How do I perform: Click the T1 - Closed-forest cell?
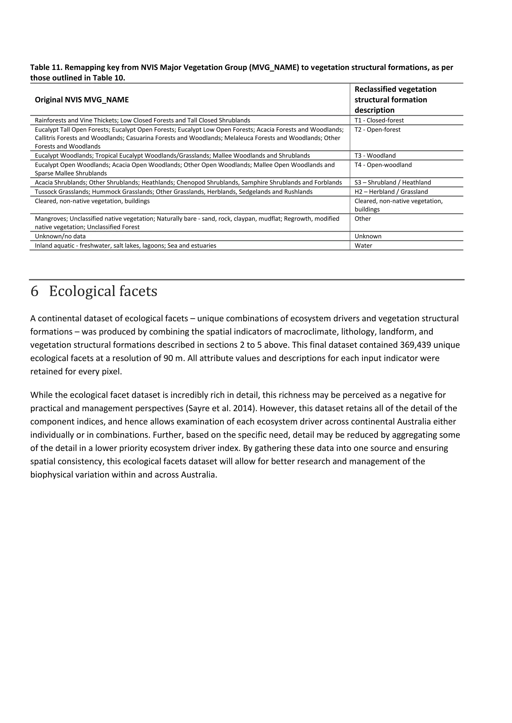point(379,120)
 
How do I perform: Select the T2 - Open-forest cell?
point(377,130)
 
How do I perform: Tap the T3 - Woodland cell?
point(375,156)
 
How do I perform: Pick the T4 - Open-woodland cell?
point(383,165)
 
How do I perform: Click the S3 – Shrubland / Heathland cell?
point(392,183)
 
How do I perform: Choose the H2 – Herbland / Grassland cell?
point(391,192)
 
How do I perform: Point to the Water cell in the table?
point(363,246)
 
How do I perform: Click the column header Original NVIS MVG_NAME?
point(82,100)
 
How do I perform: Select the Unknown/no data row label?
point(60,236)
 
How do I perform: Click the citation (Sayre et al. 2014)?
point(220,408)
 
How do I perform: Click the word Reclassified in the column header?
point(374,89)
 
